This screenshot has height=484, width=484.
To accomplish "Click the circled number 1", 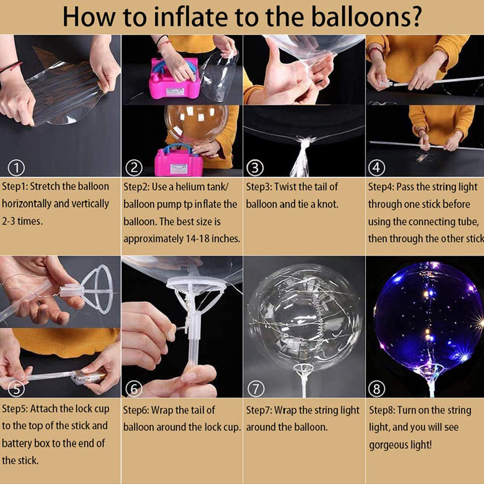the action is [16, 168].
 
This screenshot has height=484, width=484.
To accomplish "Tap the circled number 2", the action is [134, 168].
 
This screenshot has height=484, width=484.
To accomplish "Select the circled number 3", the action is [255, 168].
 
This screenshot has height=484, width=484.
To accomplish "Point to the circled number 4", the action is [377, 168].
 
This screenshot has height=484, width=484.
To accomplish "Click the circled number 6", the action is [134, 389].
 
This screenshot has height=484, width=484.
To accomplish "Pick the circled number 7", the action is [256, 389].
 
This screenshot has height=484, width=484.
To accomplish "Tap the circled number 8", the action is [377, 389].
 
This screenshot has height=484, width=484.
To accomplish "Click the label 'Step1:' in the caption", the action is [15, 187].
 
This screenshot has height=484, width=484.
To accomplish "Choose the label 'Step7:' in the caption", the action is [259, 410].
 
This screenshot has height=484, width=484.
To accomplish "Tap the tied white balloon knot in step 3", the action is [302, 156].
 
